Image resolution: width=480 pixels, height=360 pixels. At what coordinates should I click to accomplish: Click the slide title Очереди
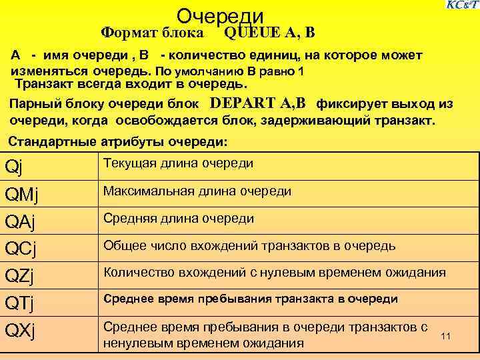[x=221, y=16]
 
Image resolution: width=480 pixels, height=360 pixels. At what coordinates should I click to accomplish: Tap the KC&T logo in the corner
[x=462, y=5]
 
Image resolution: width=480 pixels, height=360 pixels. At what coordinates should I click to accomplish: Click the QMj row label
[x=21, y=194]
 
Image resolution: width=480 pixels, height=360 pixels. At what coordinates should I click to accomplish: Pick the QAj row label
[x=21, y=221]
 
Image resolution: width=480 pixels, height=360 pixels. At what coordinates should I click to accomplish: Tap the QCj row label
[x=21, y=249]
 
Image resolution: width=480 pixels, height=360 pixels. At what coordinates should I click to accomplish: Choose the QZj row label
[x=21, y=276]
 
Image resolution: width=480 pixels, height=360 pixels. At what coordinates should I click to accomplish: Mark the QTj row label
[x=20, y=303]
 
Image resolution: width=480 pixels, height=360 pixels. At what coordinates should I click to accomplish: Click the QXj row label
[x=21, y=331]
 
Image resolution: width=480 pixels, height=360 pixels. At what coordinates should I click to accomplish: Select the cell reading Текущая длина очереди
[x=178, y=163]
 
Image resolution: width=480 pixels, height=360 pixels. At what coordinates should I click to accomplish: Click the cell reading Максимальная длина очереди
[x=197, y=191]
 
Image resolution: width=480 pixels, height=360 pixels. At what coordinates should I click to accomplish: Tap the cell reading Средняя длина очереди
[x=178, y=218]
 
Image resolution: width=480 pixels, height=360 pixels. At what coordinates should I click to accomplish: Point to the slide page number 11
[x=446, y=336]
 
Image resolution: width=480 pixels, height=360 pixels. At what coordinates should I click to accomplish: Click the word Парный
[x=33, y=104]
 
